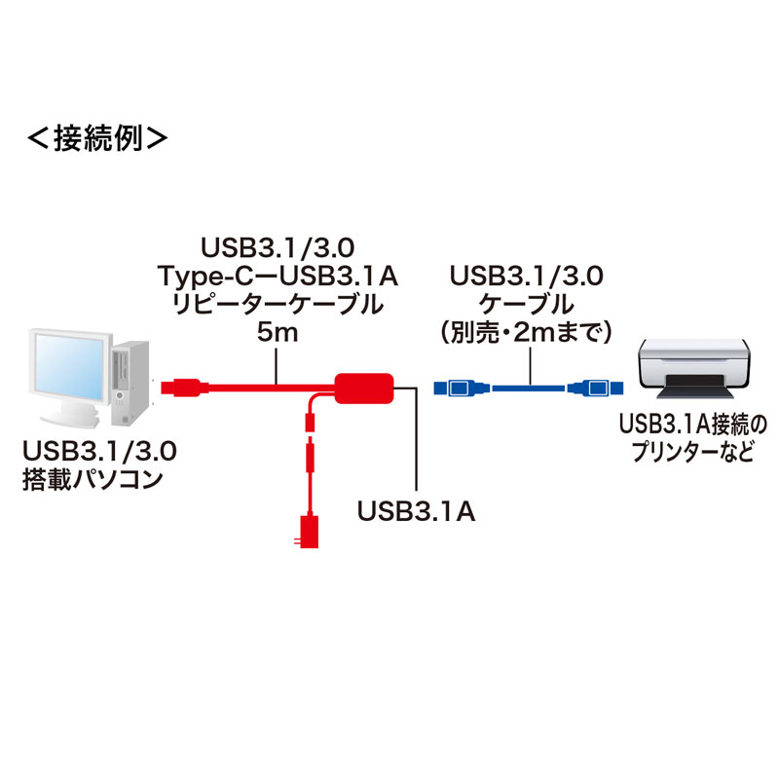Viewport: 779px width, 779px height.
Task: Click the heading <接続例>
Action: pyautogui.click(x=96, y=137)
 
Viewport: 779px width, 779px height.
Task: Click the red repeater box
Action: pyautogui.click(x=364, y=387)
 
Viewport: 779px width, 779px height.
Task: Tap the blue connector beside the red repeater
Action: pyautogui.click(x=455, y=388)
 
